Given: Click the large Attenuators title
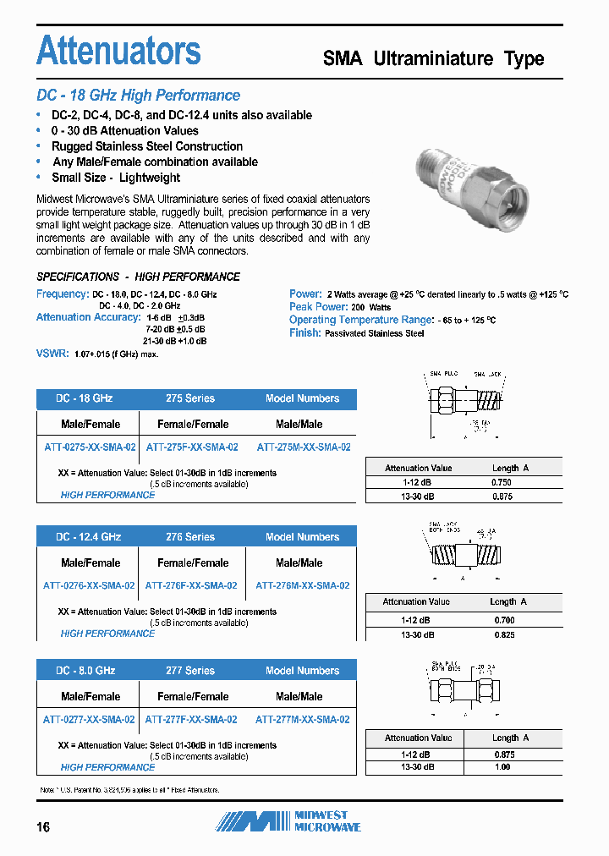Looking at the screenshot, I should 118,51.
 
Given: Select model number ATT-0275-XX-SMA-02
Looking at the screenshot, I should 89,447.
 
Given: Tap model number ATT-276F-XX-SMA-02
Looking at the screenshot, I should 191,585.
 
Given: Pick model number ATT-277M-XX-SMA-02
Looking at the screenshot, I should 302,720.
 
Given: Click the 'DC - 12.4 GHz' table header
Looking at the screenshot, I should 88,537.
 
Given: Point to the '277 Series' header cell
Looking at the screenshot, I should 190,671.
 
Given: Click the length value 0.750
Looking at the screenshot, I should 502,482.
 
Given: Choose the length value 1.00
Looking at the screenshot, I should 502,767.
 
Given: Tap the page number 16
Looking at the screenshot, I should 43,827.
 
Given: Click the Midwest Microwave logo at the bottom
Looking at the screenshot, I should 288,821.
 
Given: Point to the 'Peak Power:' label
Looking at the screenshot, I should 318,307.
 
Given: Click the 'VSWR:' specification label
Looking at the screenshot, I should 52,354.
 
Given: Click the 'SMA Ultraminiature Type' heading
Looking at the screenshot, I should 434,59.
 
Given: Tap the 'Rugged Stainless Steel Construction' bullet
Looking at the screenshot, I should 146,146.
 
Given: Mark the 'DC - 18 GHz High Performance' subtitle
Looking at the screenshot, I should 138,96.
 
